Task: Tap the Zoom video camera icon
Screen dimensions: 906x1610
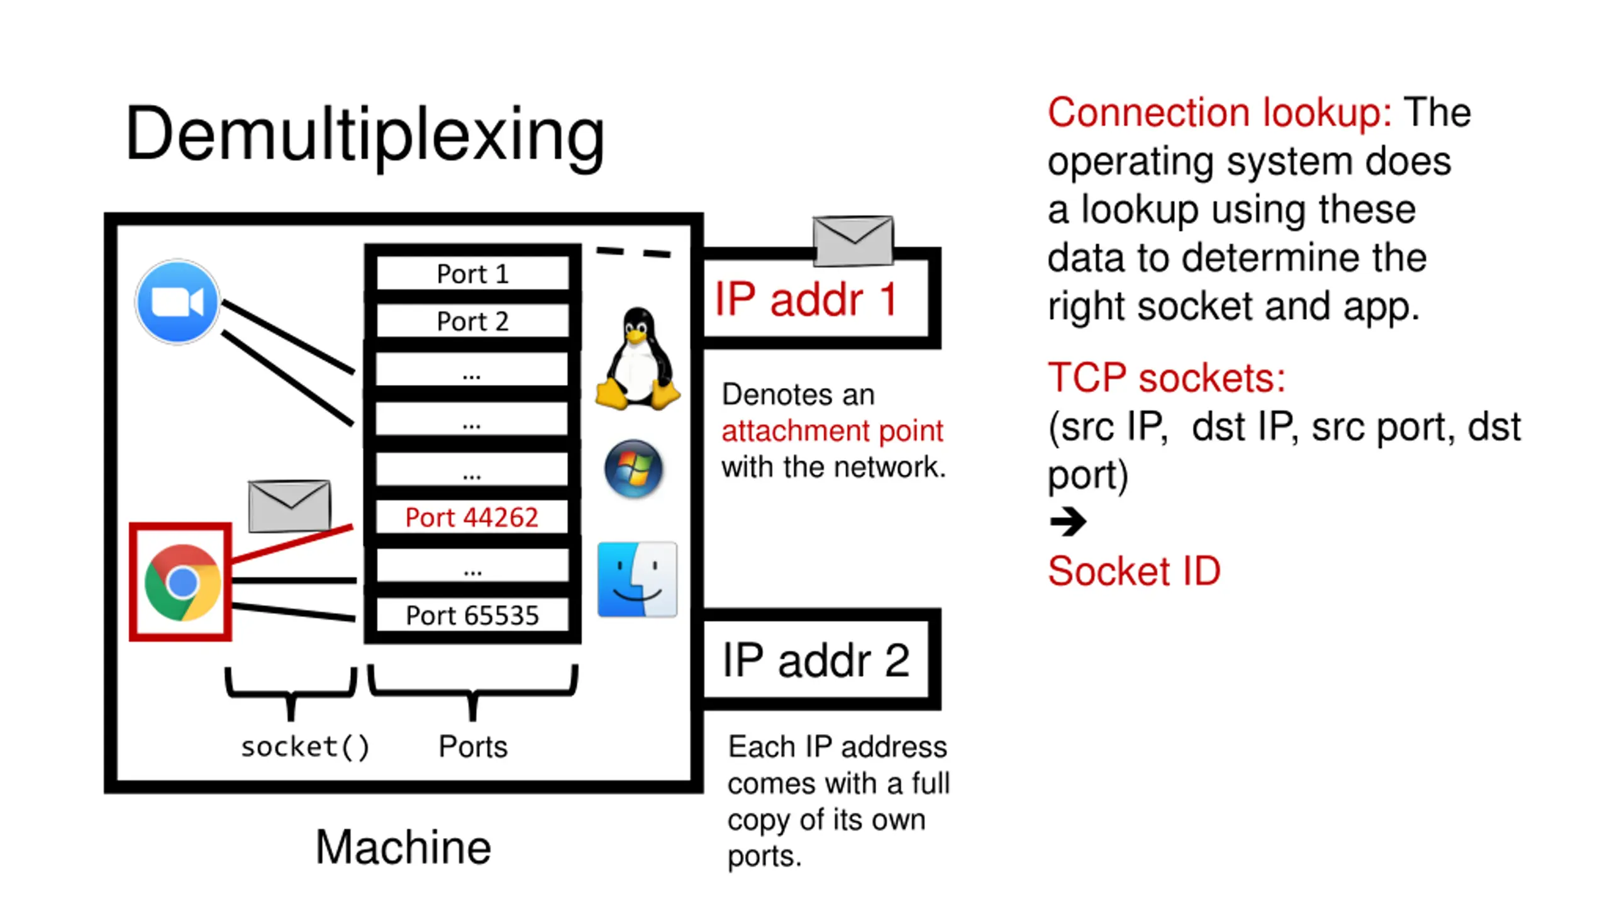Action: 178,302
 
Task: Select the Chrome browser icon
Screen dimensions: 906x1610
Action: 182,582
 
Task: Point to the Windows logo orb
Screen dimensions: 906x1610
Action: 633,469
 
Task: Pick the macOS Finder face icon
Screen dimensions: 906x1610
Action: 636,579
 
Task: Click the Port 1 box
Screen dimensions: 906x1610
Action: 472,274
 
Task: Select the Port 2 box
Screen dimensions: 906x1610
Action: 472,322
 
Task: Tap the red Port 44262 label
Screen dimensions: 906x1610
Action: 472,517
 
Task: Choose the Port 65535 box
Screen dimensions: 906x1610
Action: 472,615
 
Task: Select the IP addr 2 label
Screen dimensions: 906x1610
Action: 815,660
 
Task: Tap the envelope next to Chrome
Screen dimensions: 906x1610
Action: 289,505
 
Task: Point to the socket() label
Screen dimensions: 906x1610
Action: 305,747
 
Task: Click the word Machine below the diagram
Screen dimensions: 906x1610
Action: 402,847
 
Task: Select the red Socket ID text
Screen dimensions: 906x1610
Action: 1133,571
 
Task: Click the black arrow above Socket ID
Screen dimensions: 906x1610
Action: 1067,521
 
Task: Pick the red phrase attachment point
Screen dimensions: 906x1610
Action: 831,431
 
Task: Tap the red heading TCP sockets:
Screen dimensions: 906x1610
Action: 1166,377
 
